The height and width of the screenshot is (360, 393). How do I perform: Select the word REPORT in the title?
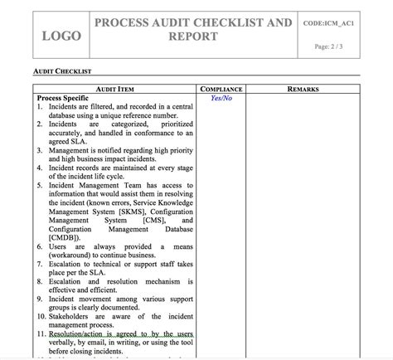(x=193, y=37)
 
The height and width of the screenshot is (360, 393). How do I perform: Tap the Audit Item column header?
(x=116, y=88)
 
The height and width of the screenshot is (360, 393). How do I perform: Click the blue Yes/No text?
(x=221, y=98)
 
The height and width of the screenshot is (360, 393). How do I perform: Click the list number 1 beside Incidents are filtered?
(x=41, y=107)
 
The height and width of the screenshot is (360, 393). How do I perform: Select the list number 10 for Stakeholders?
(x=42, y=316)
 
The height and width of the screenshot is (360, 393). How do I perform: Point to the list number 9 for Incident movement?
(x=41, y=299)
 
